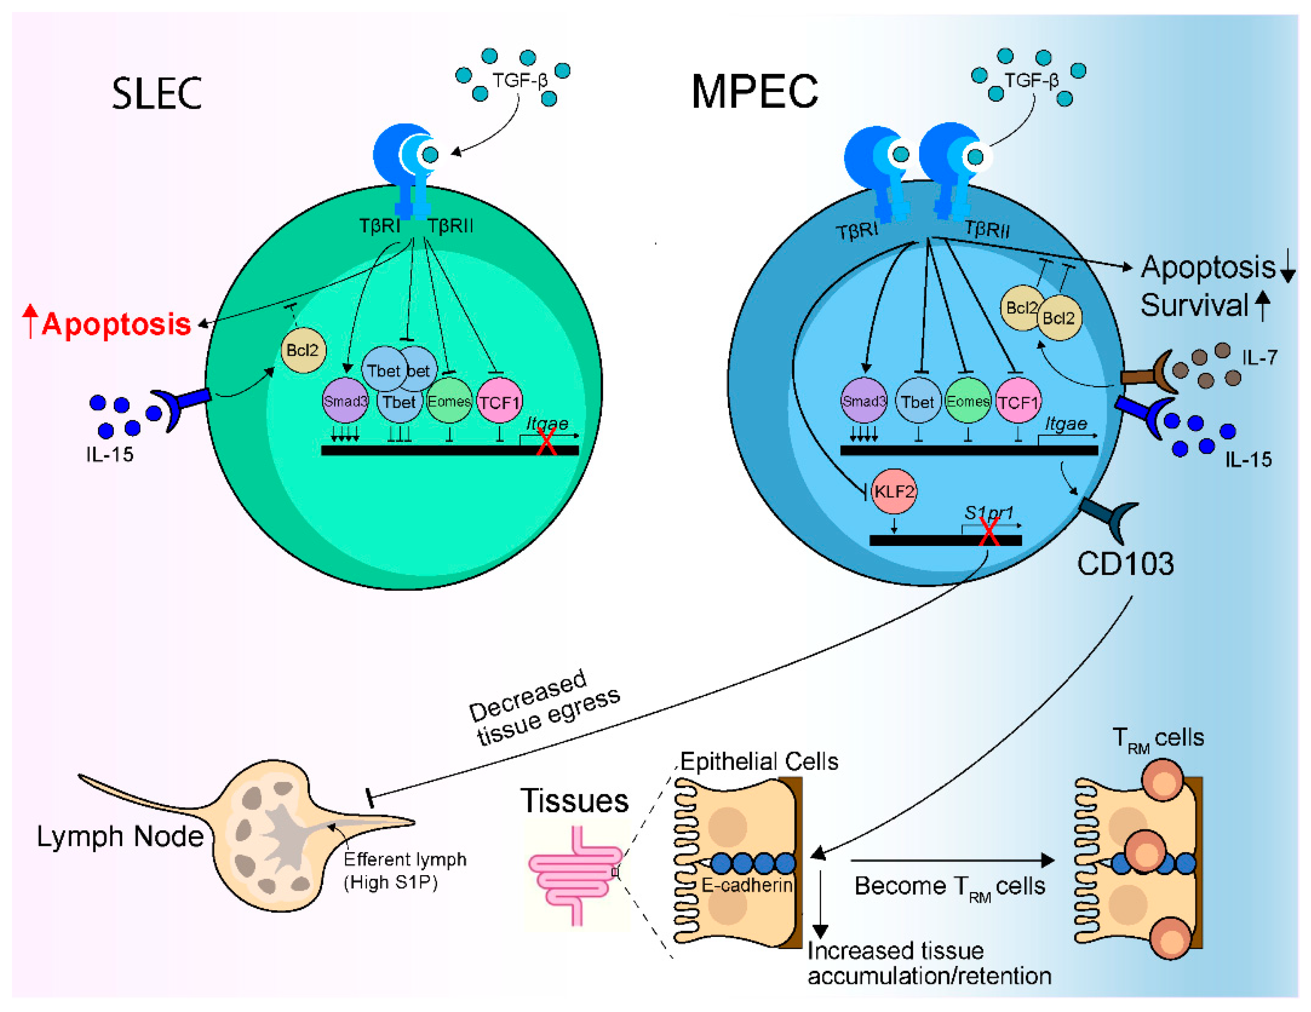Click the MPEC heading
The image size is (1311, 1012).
pos(754,92)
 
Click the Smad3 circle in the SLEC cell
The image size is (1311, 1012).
pos(345,401)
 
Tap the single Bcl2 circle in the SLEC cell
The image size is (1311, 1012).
pos(303,350)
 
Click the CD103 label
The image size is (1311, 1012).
pos(1125,564)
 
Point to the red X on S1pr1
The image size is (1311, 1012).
pos(988,531)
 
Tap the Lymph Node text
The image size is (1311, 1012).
pos(120,836)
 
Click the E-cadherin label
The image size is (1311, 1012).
pos(747,885)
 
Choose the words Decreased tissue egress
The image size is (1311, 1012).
pos(543,708)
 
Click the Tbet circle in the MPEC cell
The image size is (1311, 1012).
pos(918,402)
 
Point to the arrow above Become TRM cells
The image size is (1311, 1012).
pos(952,860)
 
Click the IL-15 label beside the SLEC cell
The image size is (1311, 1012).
pos(109,454)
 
